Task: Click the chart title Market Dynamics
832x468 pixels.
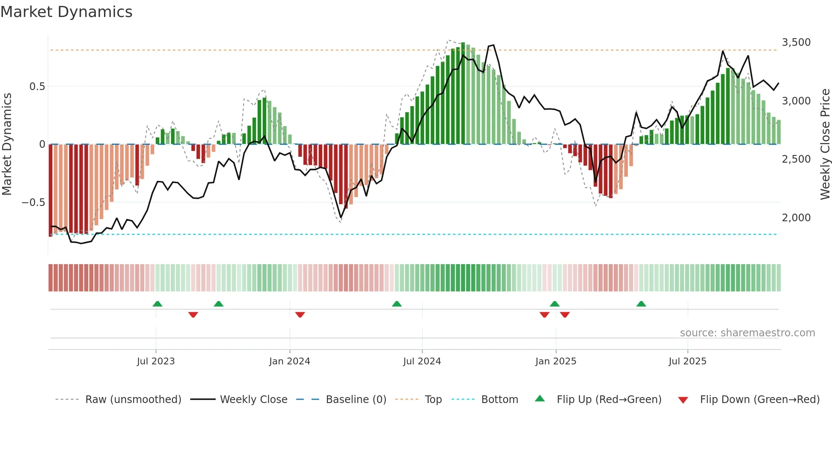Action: [66, 12]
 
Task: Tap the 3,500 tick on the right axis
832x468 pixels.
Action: [796, 42]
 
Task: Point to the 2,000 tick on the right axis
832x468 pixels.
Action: [796, 218]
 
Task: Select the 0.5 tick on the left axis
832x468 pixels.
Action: [37, 87]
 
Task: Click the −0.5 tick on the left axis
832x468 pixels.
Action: [33, 203]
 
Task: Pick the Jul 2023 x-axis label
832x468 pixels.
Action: [156, 361]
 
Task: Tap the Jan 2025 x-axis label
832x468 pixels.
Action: [556, 361]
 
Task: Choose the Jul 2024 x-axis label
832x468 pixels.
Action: [422, 361]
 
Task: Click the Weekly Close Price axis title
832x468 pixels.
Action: [825, 144]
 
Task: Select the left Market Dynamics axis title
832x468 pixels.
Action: [7, 144]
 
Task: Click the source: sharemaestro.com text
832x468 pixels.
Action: [747, 333]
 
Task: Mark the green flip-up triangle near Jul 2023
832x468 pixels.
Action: [157, 304]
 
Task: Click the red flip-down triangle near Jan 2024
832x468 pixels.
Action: [300, 315]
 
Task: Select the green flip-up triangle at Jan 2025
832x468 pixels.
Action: [554, 304]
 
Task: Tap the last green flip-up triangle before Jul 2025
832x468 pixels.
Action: [641, 304]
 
